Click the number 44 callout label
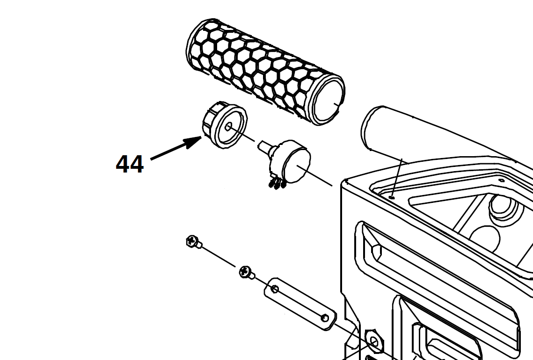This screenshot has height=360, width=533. point(130,165)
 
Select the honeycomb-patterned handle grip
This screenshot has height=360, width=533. point(266,72)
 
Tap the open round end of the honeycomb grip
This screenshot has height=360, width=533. point(329,100)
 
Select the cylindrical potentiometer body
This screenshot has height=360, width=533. point(291,162)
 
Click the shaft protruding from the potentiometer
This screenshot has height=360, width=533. point(266,147)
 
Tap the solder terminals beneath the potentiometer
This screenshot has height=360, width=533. point(277,184)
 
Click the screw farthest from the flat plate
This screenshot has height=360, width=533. point(194,241)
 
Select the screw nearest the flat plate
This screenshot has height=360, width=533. point(247,273)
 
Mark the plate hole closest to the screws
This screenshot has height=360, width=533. point(275,289)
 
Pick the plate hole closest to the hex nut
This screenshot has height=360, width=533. point(325,318)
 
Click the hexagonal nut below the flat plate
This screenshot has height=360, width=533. point(374,341)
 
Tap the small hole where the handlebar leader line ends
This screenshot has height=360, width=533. point(393,196)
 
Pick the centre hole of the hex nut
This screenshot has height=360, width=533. point(374,341)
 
